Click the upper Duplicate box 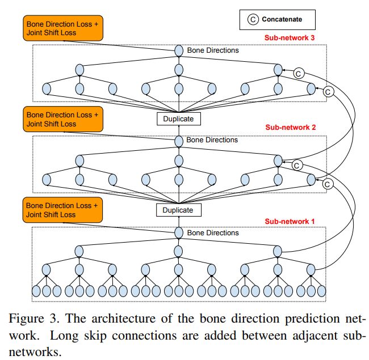(x=178, y=119)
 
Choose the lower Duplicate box (x=178, y=210)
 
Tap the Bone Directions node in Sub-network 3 (x=179, y=50)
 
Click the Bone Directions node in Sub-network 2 (x=179, y=141)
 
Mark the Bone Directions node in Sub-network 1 (x=179, y=232)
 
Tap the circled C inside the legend (x=253, y=19)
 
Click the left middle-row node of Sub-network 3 (x=79, y=69)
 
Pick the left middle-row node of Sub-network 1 (x=79, y=252)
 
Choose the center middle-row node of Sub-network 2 (x=179, y=160)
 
